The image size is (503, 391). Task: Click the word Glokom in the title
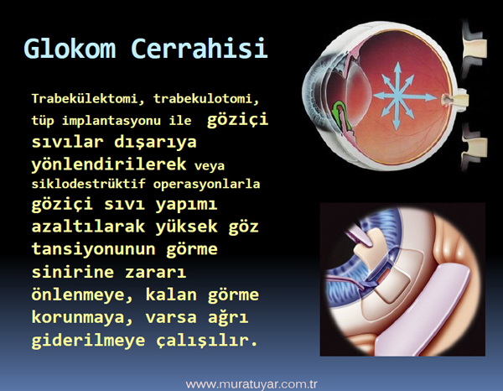pyautogui.click(x=70, y=48)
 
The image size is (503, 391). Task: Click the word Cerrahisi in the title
pyautogui.click(x=200, y=48)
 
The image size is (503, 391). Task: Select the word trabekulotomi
pyautogui.click(x=206, y=98)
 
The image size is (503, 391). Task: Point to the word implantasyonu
pyautogui.click(x=111, y=121)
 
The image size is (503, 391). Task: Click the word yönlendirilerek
pyautogui.click(x=109, y=164)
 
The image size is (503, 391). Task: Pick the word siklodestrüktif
pyautogui.click(x=89, y=184)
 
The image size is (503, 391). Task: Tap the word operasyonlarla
pyautogui.click(x=206, y=185)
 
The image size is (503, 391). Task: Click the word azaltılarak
pyautogui.click(x=88, y=227)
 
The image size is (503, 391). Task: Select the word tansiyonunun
pyautogui.click(x=93, y=249)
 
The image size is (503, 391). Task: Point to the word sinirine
pyautogui.click(x=73, y=272)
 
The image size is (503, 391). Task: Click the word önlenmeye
pyautogui.click(x=82, y=295)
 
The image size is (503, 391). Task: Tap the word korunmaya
pyautogui.click(x=82, y=318)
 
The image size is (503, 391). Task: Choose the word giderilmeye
pyautogui.click(x=88, y=341)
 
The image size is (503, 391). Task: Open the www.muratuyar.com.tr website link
pyautogui.click(x=251, y=384)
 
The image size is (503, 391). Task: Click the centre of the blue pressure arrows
pyautogui.click(x=398, y=96)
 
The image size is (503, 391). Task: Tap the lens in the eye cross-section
pyautogui.click(x=359, y=85)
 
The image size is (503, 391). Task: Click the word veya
pyautogui.click(x=210, y=166)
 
